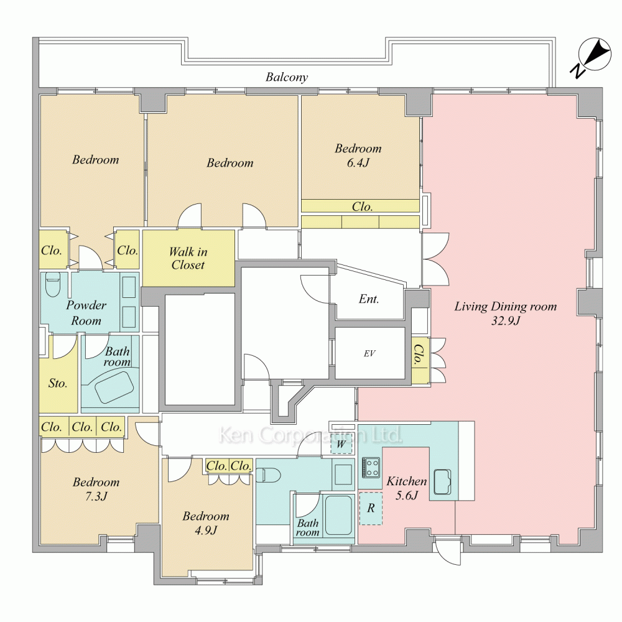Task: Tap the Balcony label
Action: (x=286, y=77)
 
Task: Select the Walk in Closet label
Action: (x=188, y=258)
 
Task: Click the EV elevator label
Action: (x=369, y=353)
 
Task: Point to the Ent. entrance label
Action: (x=369, y=299)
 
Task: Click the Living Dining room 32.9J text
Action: (x=505, y=313)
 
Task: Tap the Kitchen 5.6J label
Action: (x=407, y=488)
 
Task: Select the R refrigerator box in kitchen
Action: (x=371, y=509)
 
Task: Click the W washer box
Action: (x=341, y=443)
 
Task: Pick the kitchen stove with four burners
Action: (x=371, y=467)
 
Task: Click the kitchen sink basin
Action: (x=442, y=482)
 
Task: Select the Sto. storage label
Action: (x=58, y=383)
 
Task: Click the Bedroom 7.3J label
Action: (x=96, y=489)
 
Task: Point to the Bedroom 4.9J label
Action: (x=206, y=523)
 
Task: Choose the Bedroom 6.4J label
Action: (x=358, y=155)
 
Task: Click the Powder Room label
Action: (x=86, y=313)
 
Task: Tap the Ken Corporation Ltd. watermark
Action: (x=310, y=435)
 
